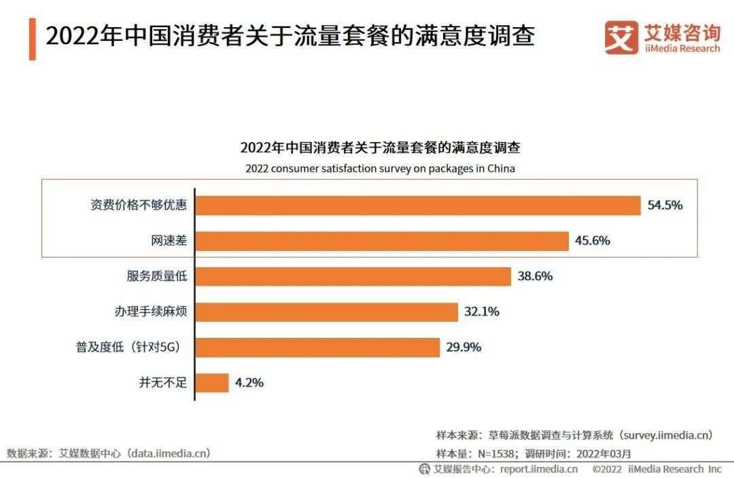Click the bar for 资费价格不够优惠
418,205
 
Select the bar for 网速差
382,241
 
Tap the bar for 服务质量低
353,276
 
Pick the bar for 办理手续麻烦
327,312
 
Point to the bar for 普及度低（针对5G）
317,347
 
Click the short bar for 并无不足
212,383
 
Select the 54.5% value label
665,205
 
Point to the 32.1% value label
482,312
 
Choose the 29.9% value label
464,347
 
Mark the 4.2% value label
249,383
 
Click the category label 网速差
169,241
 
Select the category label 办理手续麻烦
150,312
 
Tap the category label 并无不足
162,383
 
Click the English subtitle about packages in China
380,169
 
